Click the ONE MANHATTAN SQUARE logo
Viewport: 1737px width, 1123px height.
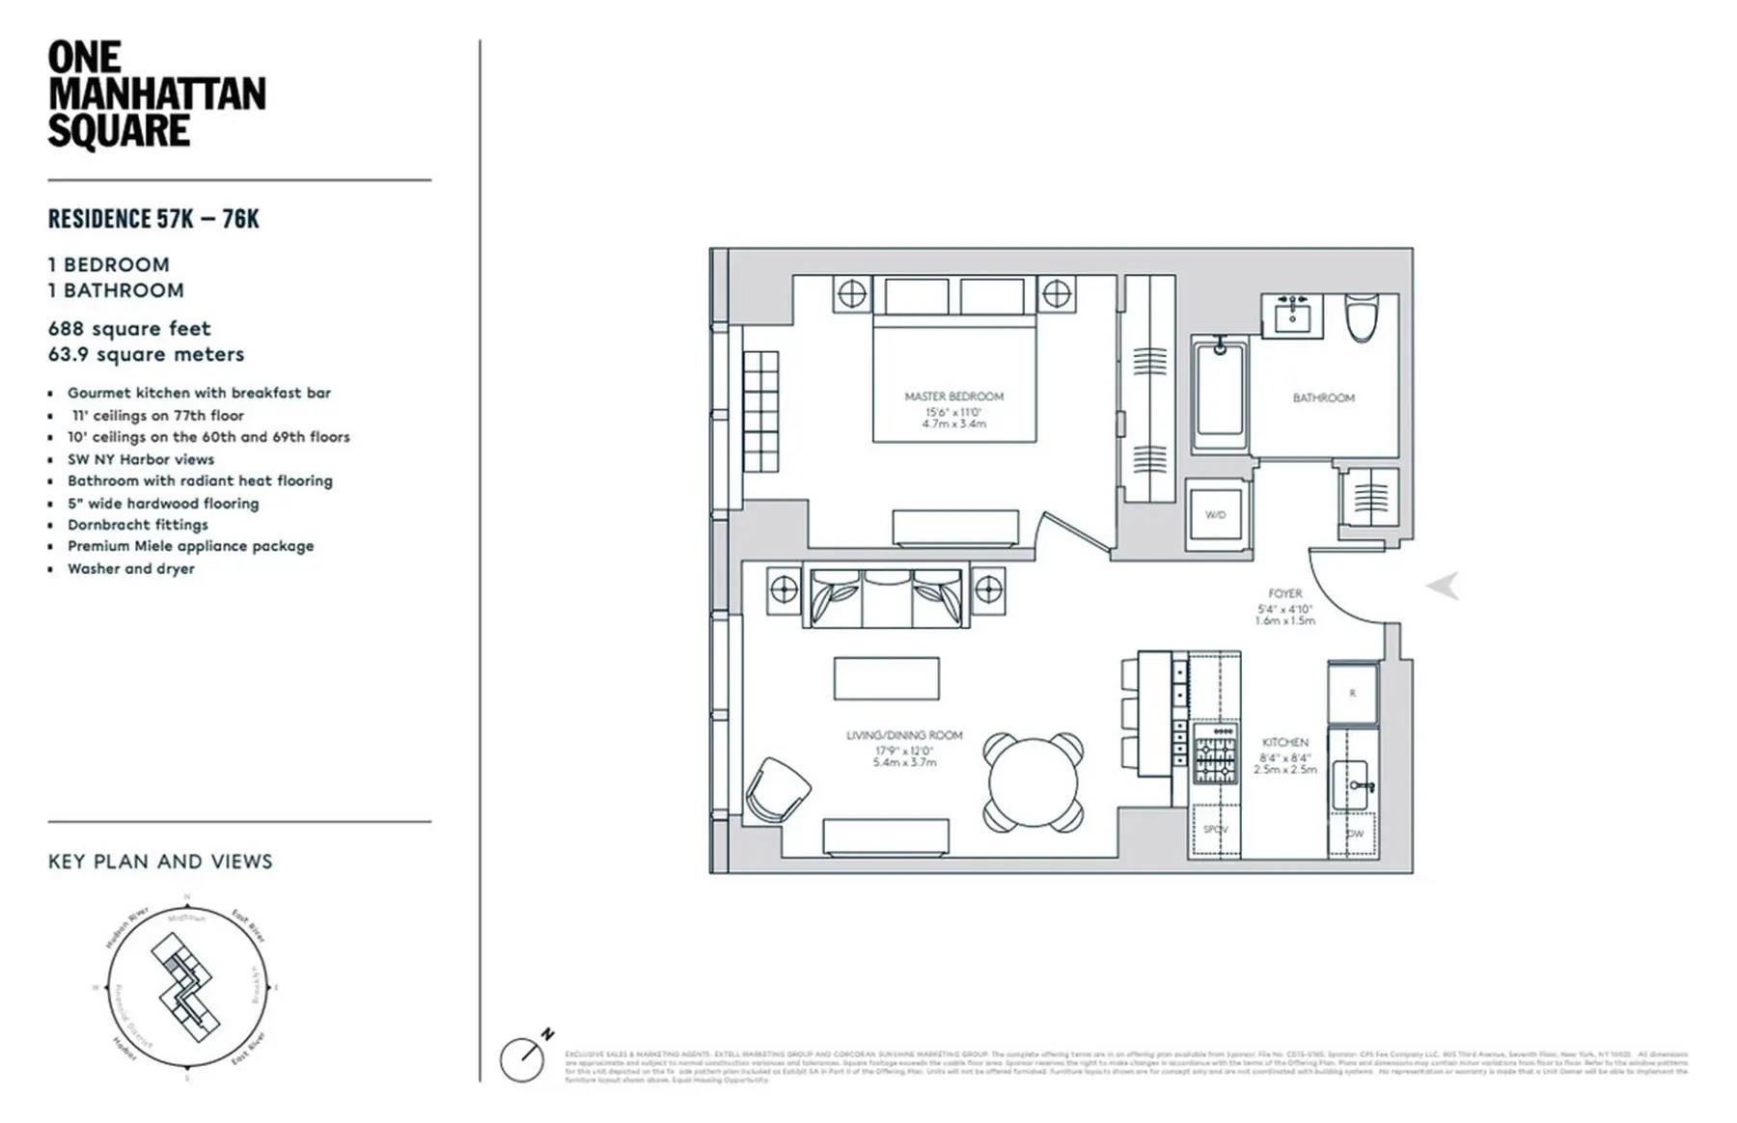pyautogui.click(x=156, y=95)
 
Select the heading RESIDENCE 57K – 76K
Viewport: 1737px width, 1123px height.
pyautogui.click(x=153, y=219)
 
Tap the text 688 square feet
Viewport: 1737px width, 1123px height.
pyautogui.click(x=129, y=329)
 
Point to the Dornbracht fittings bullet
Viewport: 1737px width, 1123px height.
pyautogui.click(x=137, y=525)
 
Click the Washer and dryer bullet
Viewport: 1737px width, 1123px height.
pyautogui.click(x=130, y=569)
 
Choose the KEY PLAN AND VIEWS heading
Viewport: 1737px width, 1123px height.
pyautogui.click(x=160, y=862)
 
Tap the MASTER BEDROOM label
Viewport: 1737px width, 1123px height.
pyautogui.click(x=953, y=397)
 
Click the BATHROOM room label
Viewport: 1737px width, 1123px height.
pyautogui.click(x=1323, y=397)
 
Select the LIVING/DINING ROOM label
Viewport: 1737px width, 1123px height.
pyautogui.click(x=904, y=735)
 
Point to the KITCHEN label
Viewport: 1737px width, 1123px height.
pyautogui.click(x=1284, y=743)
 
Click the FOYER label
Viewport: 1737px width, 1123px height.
pyautogui.click(x=1284, y=593)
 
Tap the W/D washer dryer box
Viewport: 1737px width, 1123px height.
pyautogui.click(x=1216, y=515)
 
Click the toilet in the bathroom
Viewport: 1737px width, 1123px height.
pyautogui.click(x=1360, y=318)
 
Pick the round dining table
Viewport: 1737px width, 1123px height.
pyautogui.click(x=1033, y=782)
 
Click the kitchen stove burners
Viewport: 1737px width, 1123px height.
pyautogui.click(x=1215, y=753)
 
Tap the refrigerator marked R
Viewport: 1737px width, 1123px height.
pyautogui.click(x=1352, y=693)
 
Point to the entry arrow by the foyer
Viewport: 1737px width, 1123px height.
pyautogui.click(x=1443, y=586)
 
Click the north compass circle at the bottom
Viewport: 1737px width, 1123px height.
pyautogui.click(x=522, y=1059)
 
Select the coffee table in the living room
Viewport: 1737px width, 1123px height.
pyautogui.click(x=886, y=678)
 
